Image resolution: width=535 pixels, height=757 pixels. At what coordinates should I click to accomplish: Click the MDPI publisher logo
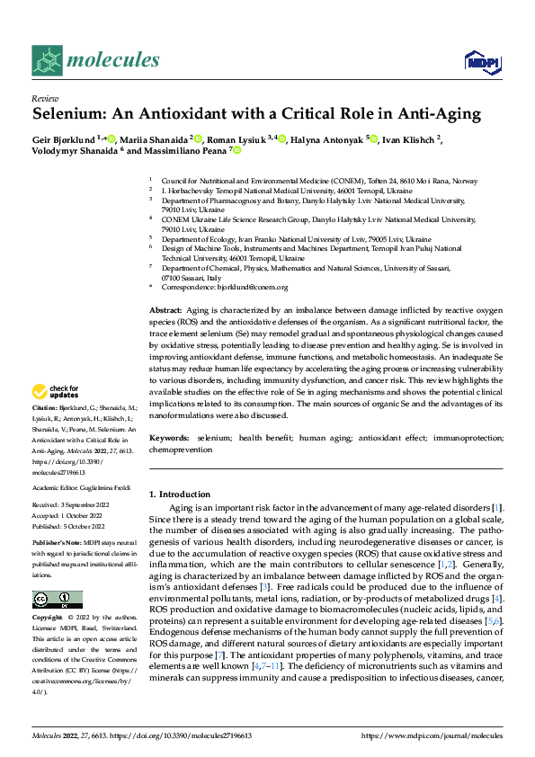coord(480,60)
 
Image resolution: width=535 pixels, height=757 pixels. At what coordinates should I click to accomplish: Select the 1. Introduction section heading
coord(179,494)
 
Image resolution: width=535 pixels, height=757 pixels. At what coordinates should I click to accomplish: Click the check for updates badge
coord(55,392)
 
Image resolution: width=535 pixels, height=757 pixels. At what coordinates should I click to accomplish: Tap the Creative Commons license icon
coord(57,600)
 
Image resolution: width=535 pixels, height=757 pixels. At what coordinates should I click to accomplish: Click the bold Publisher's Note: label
coord(57,545)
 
